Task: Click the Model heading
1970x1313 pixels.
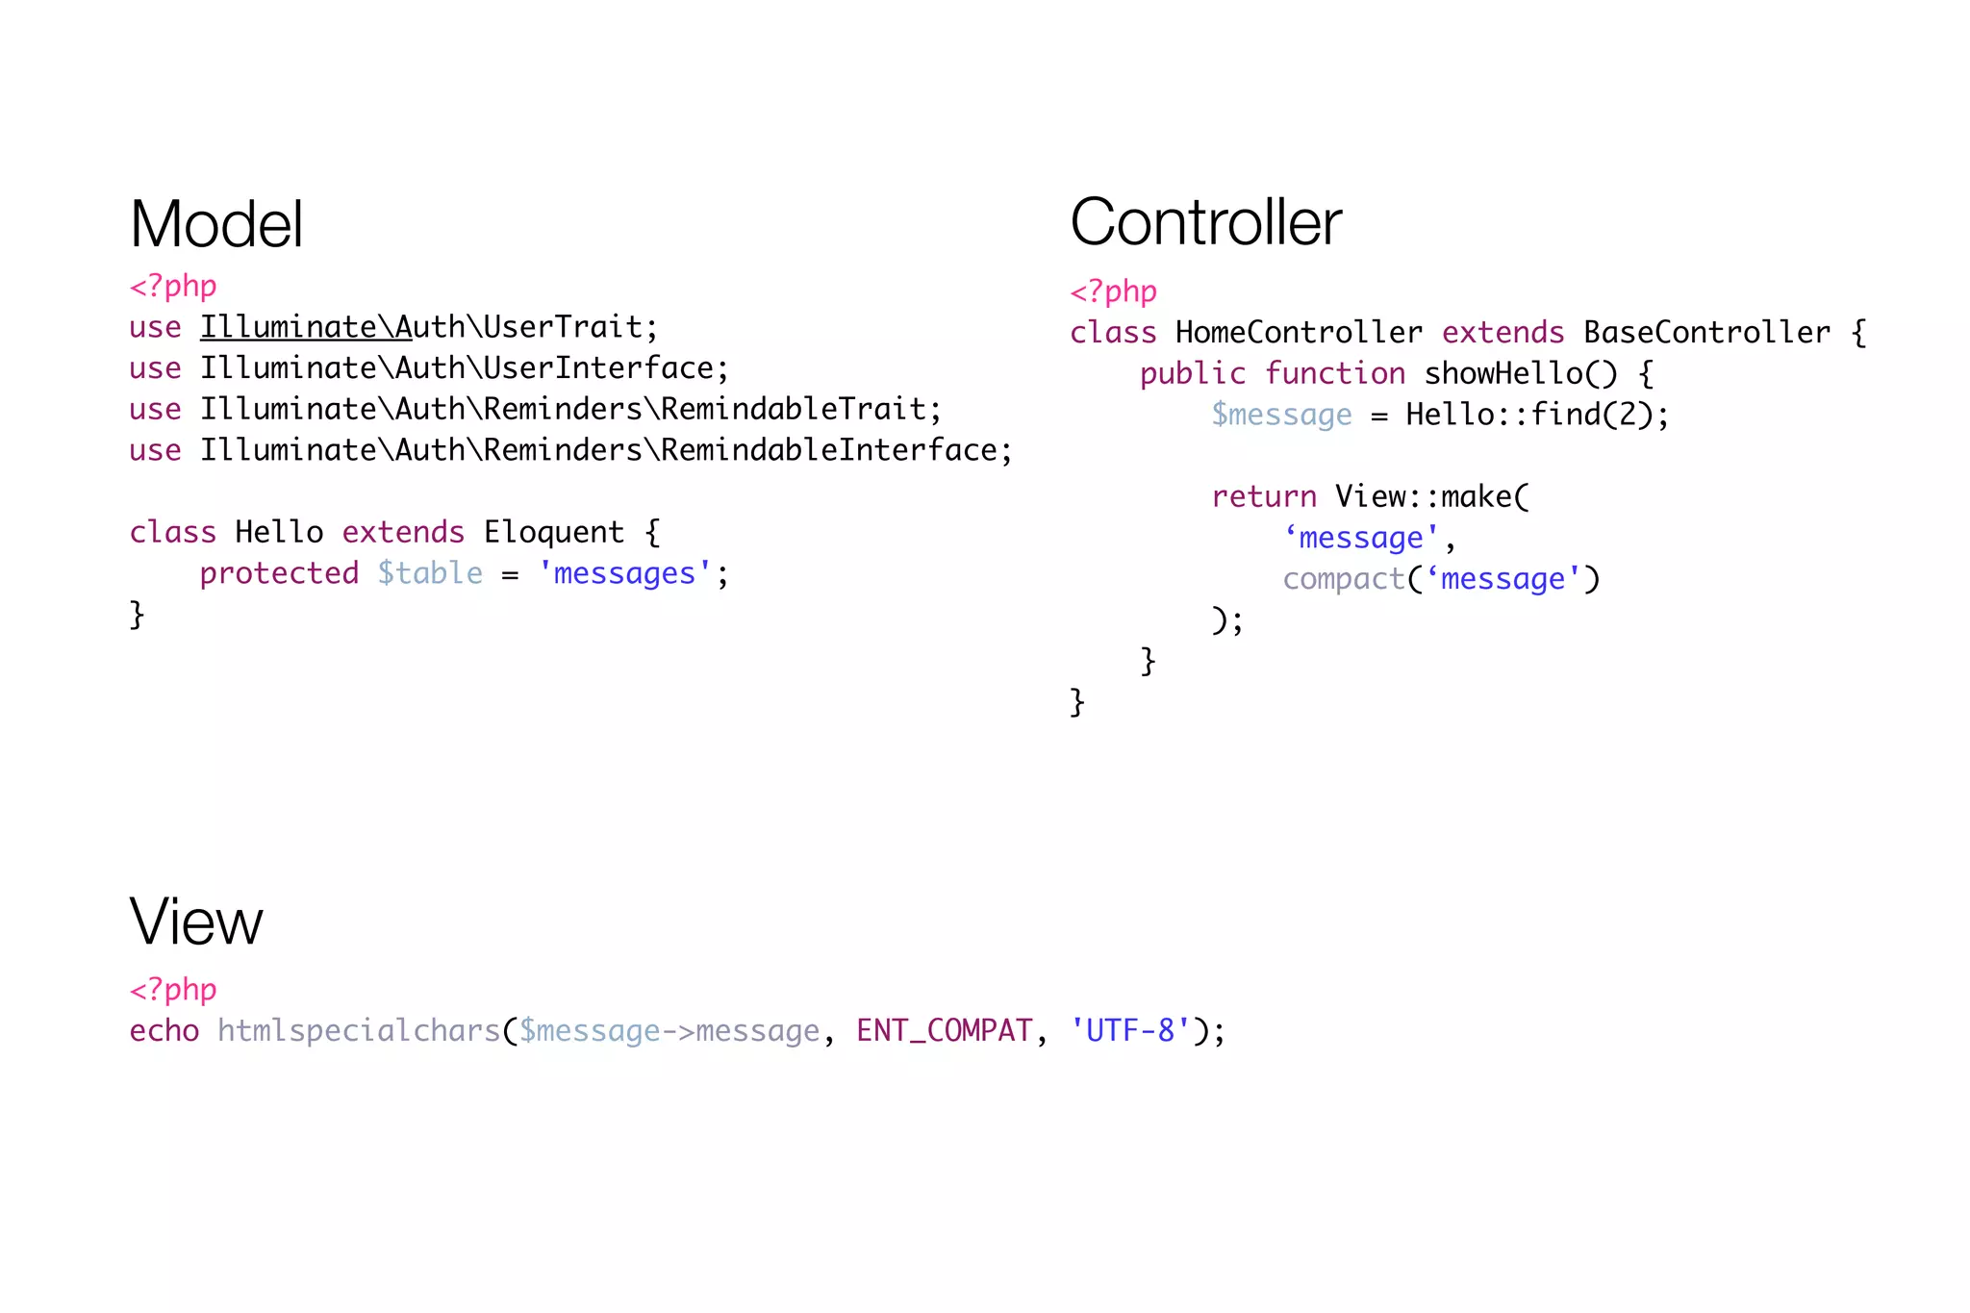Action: tap(216, 224)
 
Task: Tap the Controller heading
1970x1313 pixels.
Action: tap(1205, 222)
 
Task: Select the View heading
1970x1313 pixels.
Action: tap(195, 922)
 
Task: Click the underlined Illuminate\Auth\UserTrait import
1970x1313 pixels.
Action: tap(428, 327)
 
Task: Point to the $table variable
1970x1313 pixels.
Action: tap(430, 573)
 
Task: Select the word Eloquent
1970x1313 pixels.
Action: tap(553, 532)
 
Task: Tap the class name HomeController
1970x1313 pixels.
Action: tap(1298, 333)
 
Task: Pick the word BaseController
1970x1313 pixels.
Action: tap(1706, 333)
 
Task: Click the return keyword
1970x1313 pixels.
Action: tap(1263, 497)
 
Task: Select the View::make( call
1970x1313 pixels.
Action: tap(1431, 497)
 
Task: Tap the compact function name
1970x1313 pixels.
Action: tap(1343, 579)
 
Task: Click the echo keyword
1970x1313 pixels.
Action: tap(164, 1031)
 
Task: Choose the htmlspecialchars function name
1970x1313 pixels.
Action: tap(359, 1031)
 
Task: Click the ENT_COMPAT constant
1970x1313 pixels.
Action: tap(944, 1031)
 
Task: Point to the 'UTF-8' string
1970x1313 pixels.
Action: tap(1130, 1031)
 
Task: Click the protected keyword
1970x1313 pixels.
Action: tap(279, 573)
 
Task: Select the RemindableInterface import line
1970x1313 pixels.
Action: tap(605, 450)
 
